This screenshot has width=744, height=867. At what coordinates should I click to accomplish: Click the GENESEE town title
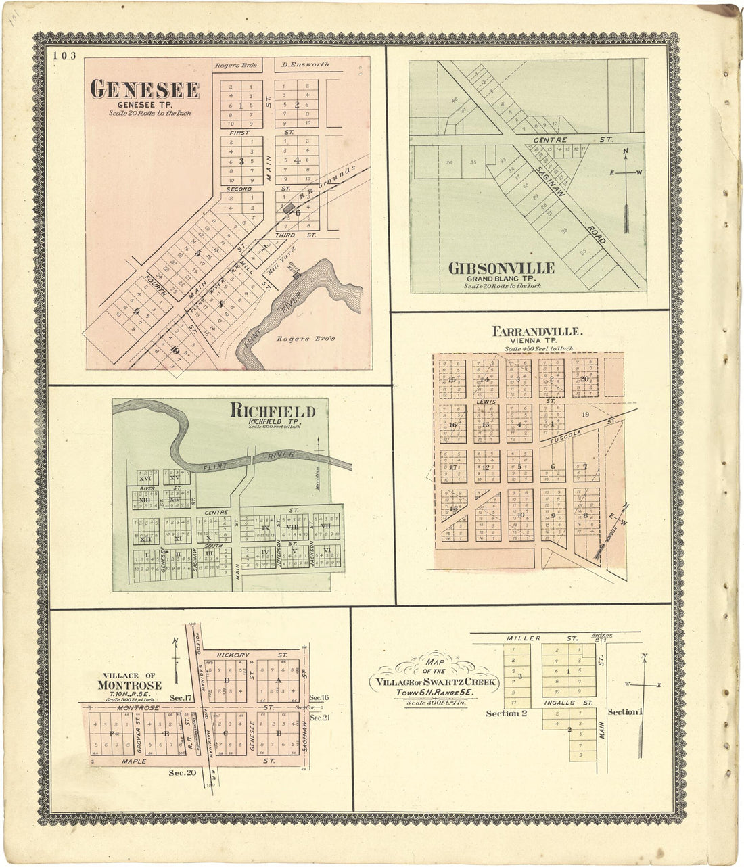tap(145, 90)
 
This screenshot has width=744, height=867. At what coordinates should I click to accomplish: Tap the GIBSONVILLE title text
tap(501, 268)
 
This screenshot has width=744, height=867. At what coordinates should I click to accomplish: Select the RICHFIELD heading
tap(273, 411)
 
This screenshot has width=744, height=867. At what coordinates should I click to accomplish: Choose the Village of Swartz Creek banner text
tap(434, 682)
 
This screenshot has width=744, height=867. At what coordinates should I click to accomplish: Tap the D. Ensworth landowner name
tap(305, 65)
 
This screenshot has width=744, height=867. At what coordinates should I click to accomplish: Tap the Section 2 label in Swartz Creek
tap(503, 713)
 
